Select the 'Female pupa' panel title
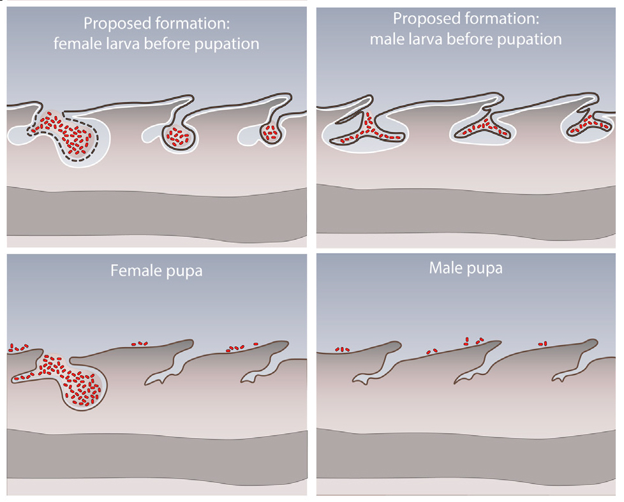click(156, 270)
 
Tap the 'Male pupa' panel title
click(466, 268)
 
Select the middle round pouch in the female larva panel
click(179, 138)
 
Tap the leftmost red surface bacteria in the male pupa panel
click(343, 349)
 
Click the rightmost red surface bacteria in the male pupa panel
click(544, 344)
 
